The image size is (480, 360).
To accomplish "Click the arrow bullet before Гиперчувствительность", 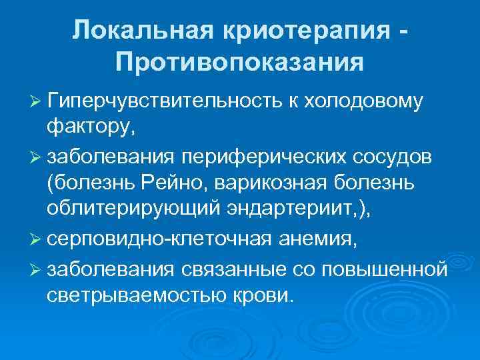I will pos(35,101).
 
